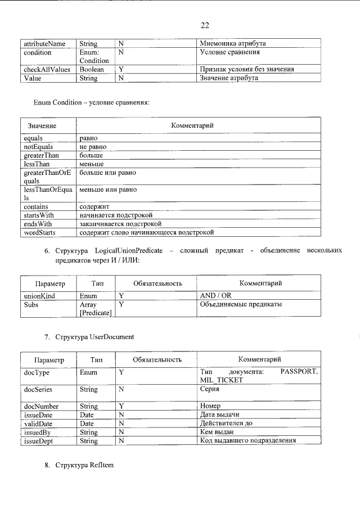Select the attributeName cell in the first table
coord(44,43)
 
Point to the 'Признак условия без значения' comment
coord(247,70)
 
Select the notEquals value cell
coord(38,146)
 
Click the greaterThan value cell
coord(40,155)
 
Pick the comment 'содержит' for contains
coord(94,207)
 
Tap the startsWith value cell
coord(39,215)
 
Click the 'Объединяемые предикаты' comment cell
coord(241,304)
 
